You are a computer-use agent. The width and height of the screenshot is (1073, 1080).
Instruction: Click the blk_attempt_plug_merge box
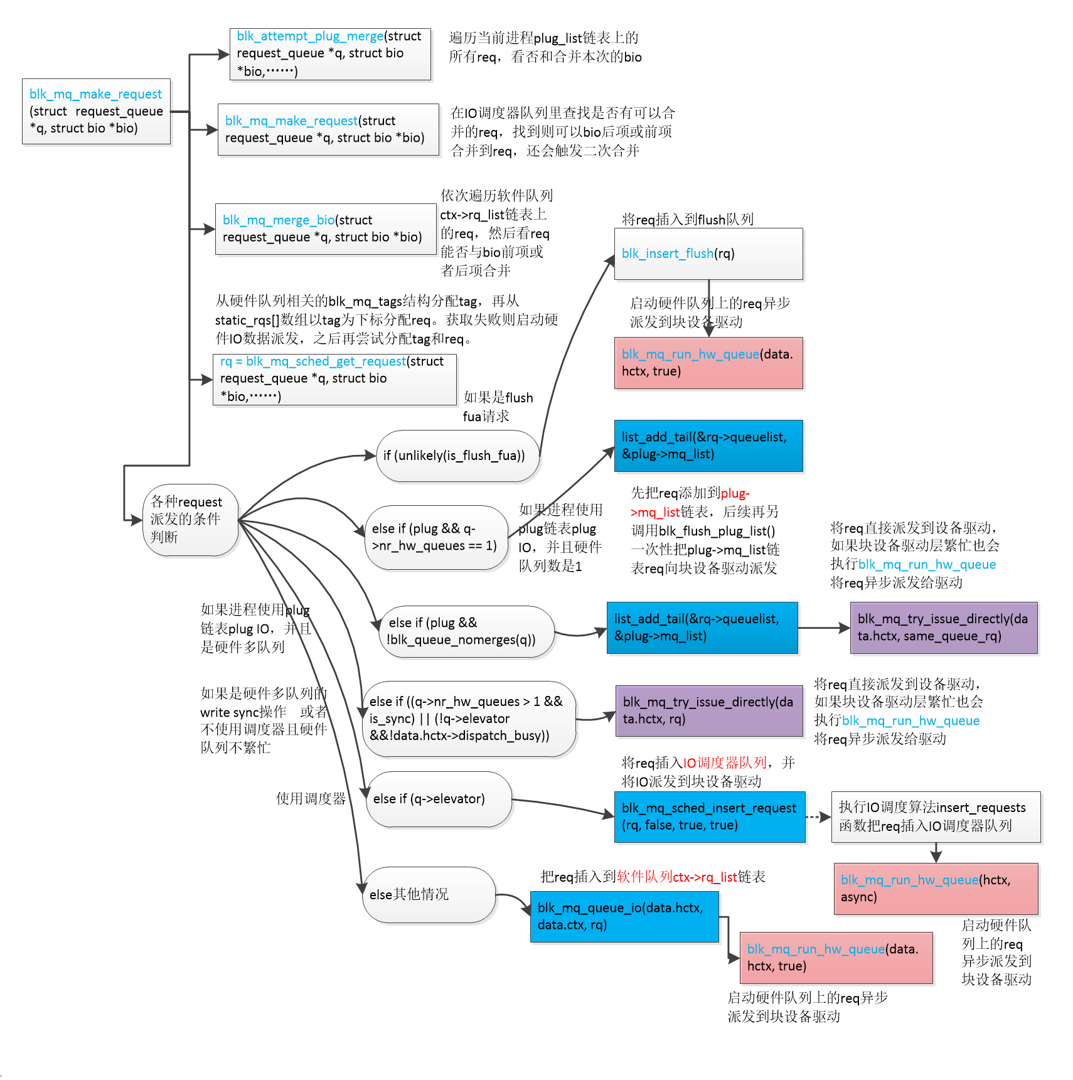pos(330,54)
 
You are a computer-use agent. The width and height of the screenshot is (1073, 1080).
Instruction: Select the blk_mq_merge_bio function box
pos(325,229)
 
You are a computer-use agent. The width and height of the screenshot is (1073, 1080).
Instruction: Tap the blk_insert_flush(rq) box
pos(708,254)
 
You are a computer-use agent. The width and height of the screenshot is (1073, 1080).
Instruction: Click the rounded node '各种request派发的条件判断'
pos(190,520)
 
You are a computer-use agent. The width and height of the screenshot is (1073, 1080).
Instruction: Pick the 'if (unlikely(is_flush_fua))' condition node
pos(457,456)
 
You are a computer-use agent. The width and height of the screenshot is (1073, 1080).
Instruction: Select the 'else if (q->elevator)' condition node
pos(439,799)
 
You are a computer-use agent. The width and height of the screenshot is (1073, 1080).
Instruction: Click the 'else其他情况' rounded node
pos(429,894)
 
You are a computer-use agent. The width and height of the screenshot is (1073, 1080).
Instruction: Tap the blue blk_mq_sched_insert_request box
pos(709,816)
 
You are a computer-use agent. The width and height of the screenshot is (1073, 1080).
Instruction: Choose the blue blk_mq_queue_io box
pos(624,916)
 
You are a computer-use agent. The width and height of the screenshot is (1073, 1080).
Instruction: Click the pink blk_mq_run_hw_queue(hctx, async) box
pos(935,888)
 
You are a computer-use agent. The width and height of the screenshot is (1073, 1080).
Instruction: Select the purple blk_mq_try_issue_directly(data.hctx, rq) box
pos(708,710)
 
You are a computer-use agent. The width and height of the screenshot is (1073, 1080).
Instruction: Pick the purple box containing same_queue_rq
pos(943,628)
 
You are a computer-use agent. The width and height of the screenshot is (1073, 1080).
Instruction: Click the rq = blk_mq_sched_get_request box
pos(334,379)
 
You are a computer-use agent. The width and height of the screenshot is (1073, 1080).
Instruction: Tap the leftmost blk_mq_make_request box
pos(96,111)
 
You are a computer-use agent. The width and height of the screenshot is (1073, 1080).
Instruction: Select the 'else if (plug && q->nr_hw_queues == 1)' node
pos(435,537)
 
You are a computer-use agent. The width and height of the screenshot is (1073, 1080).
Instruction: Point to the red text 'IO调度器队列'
pos(725,762)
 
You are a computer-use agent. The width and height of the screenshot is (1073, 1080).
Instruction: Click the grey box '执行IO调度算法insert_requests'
pos(935,816)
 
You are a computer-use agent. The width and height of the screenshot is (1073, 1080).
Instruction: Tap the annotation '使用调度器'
pos(311,798)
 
